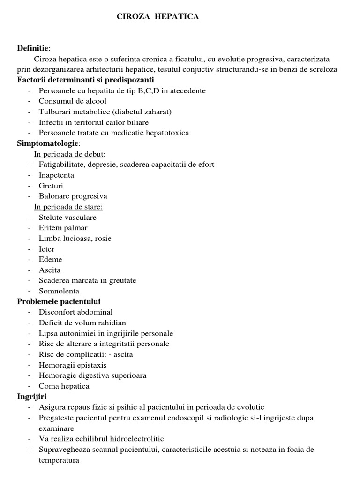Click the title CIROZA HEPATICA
[157, 17]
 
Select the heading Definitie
[32, 48]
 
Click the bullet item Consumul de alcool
[73, 101]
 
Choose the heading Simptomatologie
[48, 143]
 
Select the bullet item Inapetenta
[56, 175]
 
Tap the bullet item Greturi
[51, 186]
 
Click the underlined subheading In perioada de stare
[68, 207]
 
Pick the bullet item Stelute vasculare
[67, 217]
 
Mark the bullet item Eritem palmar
[63, 228]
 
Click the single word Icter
[47, 249]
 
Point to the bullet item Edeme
[50, 259]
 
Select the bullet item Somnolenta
[59, 291]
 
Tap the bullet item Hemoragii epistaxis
[73, 365]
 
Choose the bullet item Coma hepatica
[64, 386]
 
